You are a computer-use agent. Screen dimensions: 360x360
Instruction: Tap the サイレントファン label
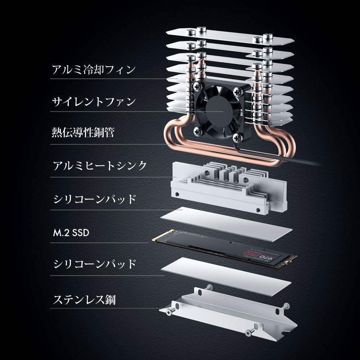click(x=94, y=102)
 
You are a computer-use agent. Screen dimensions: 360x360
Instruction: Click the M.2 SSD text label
click(x=70, y=233)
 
